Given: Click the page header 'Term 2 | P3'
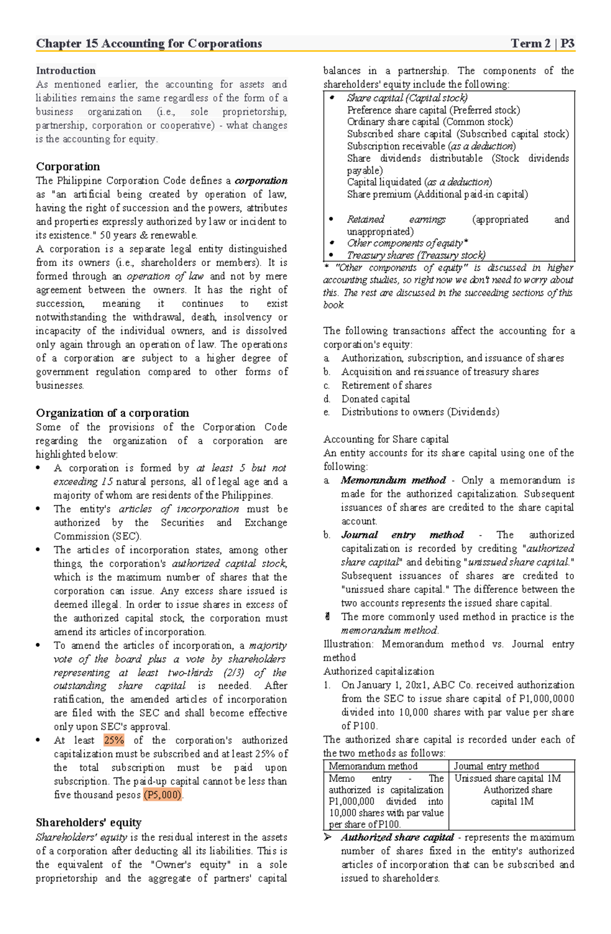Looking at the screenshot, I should coord(542,44).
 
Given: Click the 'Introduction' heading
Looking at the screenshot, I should coord(66,71).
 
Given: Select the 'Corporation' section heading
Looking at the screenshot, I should coord(68,166).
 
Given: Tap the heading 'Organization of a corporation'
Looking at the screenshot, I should coord(112,413).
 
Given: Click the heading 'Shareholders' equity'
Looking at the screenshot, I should coord(89,823).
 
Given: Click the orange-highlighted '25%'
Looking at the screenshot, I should coord(114,740).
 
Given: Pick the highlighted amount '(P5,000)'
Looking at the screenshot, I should coord(162,795).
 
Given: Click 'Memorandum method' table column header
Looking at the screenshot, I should coord(373,766).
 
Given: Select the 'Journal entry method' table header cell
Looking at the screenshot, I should coord(496,766).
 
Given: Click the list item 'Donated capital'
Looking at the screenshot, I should coord(375,399).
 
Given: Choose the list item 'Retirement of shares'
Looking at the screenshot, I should coord(386,385).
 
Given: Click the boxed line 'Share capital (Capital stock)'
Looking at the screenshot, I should coord(407,98).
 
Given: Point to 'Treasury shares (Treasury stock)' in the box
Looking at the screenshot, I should coord(416,255).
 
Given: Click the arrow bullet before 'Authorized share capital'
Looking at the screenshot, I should coord(328,837).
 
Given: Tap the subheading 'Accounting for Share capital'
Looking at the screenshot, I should coord(386,439).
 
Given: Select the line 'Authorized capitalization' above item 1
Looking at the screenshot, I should coord(379,671).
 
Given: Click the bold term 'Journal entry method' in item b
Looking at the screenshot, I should coord(402,535).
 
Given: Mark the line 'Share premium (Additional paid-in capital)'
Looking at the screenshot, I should coord(437,194).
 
